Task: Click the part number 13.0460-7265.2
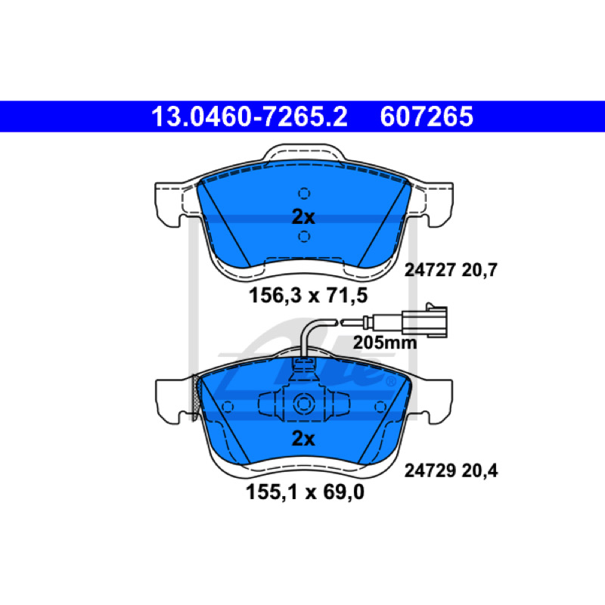tap(250, 116)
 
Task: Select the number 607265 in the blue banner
tap(427, 116)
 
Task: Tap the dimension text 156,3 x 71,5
tap(308, 296)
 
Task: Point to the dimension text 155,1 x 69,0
tap(305, 492)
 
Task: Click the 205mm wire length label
tap(385, 343)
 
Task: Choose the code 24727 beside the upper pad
tap(430, 270)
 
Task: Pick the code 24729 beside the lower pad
tap(430, 470)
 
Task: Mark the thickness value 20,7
tap(479, 270)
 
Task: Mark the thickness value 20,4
tap(479, 470)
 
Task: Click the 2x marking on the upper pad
tap(303, 217)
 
